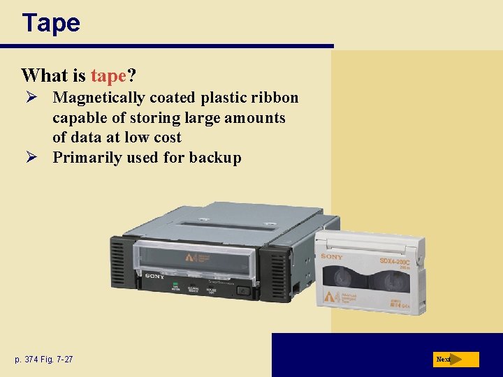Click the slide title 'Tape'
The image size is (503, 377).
tap(51, 23)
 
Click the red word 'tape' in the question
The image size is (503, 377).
tap(108, 75)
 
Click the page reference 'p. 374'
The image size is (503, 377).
tap(30, 360)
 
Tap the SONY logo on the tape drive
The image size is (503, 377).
tap(154, 276)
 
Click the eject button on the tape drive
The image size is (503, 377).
tap(242, 290)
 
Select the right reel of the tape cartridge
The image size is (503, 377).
tap(386, 282)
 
